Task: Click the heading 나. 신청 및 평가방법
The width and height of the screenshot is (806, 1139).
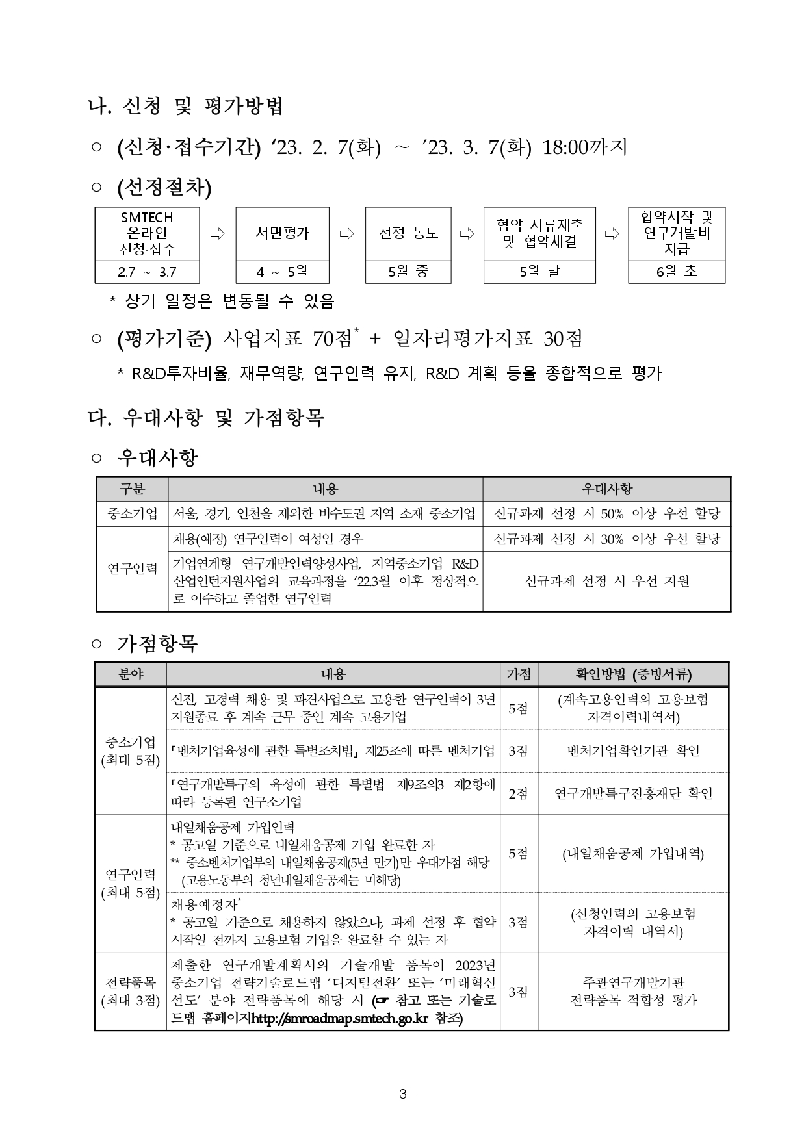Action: pos(186,106)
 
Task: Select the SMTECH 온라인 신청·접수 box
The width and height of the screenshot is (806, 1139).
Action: pos(148,233)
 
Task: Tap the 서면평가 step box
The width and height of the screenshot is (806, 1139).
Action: pos(282,233)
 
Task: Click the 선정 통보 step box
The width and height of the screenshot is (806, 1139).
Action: pos(408,233)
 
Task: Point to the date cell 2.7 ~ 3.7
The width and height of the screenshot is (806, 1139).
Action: pos(148,272)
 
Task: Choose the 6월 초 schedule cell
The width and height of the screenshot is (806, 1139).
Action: pos(676,272)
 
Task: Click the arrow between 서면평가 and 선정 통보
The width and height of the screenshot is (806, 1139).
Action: pos(347,233)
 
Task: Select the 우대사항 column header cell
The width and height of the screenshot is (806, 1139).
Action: pos(606,489)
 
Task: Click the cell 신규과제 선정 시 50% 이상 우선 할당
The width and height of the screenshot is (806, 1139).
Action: pos(606,514)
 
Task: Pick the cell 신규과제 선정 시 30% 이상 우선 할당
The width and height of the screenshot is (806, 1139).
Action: pos(606,539)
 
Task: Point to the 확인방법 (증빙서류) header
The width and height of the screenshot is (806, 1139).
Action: pos(633,674)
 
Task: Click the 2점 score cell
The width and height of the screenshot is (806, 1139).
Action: pos(518,793)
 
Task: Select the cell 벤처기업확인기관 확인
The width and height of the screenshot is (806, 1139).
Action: pos(633,751)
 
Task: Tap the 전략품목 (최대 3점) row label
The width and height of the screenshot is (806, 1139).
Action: pos(131,992)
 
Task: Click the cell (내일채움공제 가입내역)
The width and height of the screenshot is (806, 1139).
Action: pos(633,854)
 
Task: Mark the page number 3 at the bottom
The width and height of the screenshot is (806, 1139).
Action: pos(402,1094)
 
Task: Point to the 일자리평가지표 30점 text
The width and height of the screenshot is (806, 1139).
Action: pos(488,339)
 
